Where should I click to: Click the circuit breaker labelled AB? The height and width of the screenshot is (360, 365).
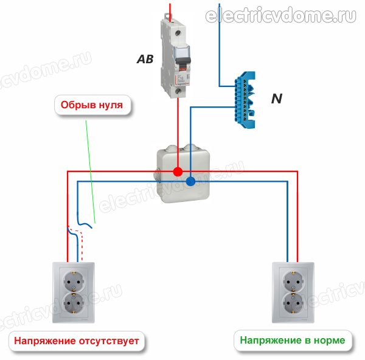click(176, 58)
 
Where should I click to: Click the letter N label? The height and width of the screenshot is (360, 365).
click(276, 98)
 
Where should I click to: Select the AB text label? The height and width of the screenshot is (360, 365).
click(145, 60)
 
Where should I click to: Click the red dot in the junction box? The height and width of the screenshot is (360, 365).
click(178, 171)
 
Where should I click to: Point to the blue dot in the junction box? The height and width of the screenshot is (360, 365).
click(190, 181)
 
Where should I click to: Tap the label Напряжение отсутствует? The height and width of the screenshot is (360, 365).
click(77, 341)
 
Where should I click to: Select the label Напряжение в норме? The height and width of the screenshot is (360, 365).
click(292, 340)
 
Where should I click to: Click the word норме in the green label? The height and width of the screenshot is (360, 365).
click(328, 340)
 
